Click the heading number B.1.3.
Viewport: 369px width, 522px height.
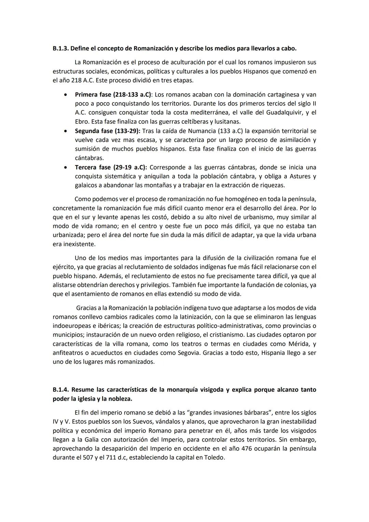(60, 49)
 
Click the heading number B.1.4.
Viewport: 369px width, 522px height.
(60, 390)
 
